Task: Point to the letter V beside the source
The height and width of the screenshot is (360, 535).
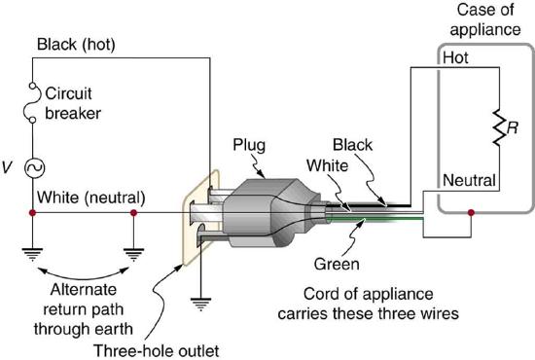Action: [9, 166]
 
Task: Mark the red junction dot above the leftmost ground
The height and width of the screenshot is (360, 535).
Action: [33, 211]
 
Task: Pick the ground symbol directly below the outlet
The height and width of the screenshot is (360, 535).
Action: [199, 302]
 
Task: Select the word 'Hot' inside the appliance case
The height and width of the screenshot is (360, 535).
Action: [455, 57]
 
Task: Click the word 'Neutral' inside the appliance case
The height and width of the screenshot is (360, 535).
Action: [471, 179]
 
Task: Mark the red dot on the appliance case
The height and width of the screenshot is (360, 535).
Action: [471, 211]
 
